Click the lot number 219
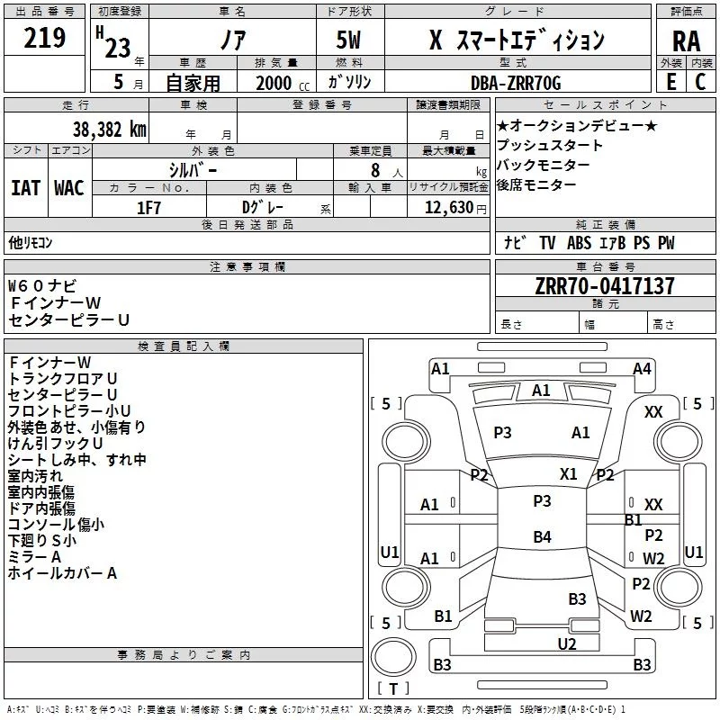44,38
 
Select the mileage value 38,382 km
109,130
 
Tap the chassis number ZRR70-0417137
605,285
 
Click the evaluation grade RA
686,41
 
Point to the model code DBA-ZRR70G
516,83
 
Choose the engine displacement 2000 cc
283,83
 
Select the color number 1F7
148,208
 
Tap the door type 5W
348,40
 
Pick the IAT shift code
26,188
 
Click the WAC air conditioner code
69,188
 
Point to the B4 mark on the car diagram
542,536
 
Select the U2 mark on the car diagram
567,643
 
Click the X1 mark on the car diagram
568,474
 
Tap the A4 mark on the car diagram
642,369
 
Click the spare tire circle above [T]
393,657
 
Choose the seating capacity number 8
375,170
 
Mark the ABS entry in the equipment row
579,242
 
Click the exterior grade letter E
671,82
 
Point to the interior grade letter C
700,82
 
